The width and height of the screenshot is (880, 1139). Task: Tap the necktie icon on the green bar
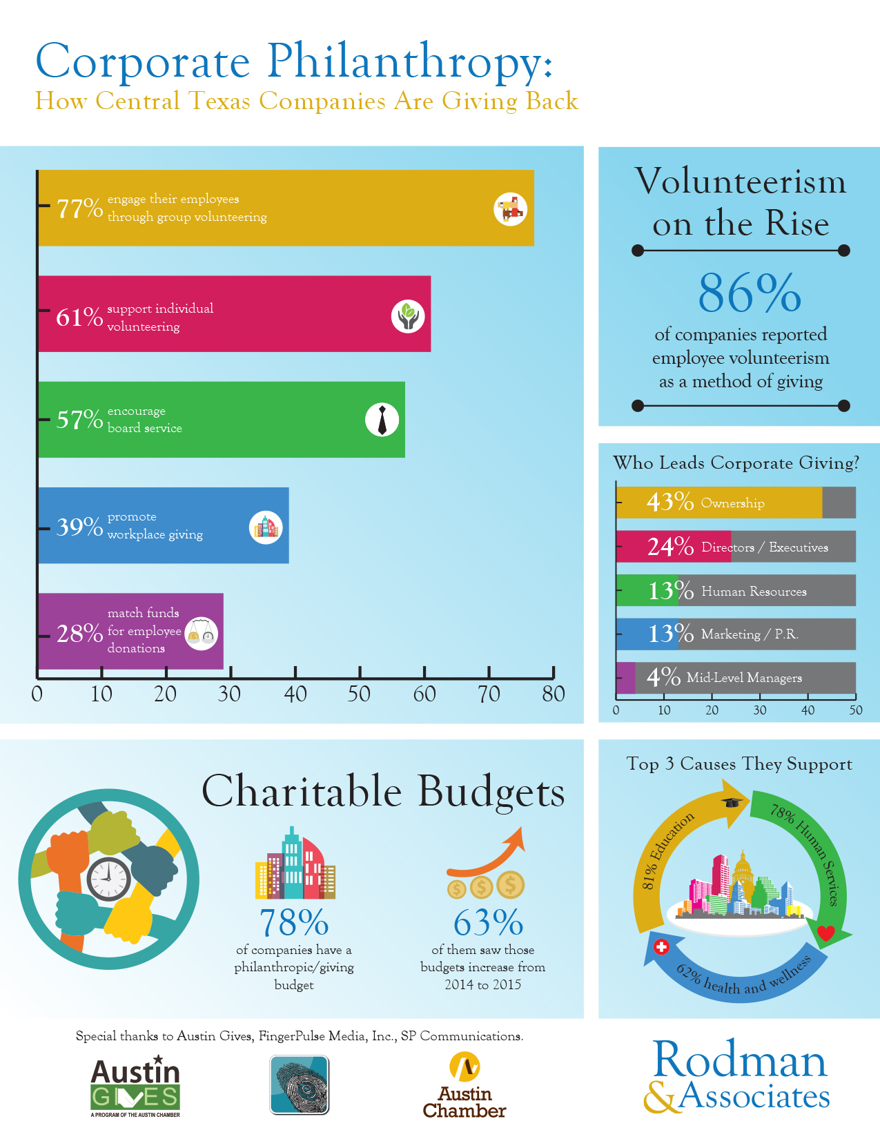(x=382, y=420)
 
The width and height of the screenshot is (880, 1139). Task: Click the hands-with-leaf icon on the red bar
(x=408, y=316)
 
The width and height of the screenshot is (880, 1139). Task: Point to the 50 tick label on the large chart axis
(x=359, y=694)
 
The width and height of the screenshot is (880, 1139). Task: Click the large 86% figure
(x=750, y=293)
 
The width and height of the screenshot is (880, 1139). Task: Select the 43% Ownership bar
(x=718, y=503)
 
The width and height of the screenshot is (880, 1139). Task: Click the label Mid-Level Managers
(x=744, y=678)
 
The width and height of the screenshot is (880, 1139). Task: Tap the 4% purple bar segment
(x=625, y=678)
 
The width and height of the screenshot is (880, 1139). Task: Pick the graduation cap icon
(x=732, y=801)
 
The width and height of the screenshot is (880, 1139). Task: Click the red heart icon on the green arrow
(x=825, y=933)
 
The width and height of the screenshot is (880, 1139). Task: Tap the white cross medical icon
(x=661, y=946)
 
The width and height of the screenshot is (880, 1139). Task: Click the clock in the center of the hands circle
(x=109, y=879)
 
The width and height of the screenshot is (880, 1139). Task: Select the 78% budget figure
(x=294, y=922)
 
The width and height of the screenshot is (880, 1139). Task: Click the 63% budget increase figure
(x=488, y=922)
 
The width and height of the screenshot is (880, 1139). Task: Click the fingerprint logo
(x=300, y=1084)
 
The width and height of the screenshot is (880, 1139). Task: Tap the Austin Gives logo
(x=135, y=1087)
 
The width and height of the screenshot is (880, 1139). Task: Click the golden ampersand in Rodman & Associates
(x=661, y=1097)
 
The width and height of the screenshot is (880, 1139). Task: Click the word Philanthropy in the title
(x=407, y=61)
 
